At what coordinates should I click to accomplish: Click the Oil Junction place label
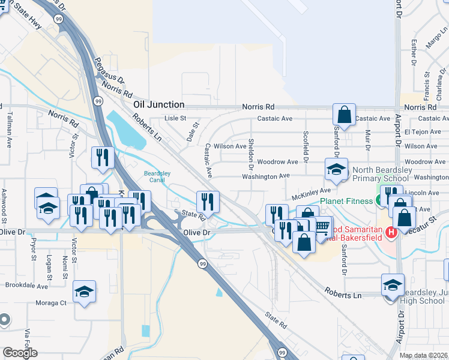(158, 104)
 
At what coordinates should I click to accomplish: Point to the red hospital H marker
(391, 232)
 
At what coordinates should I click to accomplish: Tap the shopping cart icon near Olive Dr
(323, 226)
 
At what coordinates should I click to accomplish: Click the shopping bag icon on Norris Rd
(344, 114)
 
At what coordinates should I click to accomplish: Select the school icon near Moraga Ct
(85, 292)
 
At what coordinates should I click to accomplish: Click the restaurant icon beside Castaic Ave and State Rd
(208, 201)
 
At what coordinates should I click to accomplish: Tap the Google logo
(19, 353)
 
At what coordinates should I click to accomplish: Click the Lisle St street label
(176, 118)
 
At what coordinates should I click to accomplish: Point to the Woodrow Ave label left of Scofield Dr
(277, 162)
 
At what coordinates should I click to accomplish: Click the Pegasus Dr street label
(109, 70)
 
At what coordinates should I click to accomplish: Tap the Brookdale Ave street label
(26, 286)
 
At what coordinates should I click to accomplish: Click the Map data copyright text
(424, 356)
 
